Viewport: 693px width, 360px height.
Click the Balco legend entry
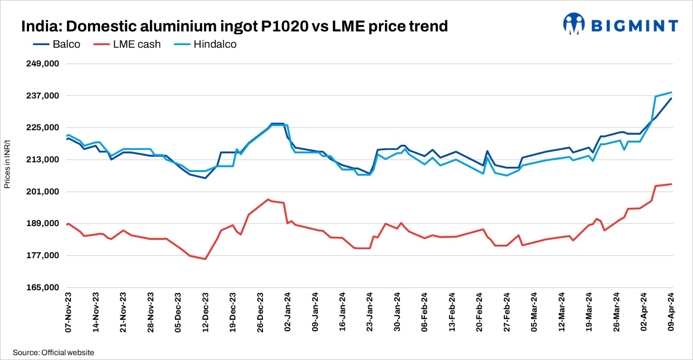pos(57,44)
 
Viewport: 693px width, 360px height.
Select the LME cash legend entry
pos(127,44)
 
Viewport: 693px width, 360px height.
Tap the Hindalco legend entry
pos(205,44)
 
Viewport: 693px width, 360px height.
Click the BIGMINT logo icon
pos(573,23)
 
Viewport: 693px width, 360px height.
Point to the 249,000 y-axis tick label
pos(42,64)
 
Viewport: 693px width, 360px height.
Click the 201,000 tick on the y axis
pos(42,191)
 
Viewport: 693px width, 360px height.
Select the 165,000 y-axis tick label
pos(42,287)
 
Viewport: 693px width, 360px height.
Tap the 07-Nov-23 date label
pos(68,312)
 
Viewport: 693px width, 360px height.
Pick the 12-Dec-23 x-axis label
pos(205,312)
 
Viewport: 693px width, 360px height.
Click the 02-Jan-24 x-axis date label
pos(288,312)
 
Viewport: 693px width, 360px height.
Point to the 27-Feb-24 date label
pos(507,312)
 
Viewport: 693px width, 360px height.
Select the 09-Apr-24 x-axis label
pos(671,312)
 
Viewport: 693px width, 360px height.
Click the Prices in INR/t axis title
pos(7,164)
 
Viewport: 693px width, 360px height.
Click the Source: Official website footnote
pos(53,353)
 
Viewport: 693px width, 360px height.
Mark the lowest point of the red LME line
pos(205,259)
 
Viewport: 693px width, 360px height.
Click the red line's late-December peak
pos(268,199)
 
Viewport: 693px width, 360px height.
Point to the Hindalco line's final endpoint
pos(671,92)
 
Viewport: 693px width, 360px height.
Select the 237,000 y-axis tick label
pos(42,96)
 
